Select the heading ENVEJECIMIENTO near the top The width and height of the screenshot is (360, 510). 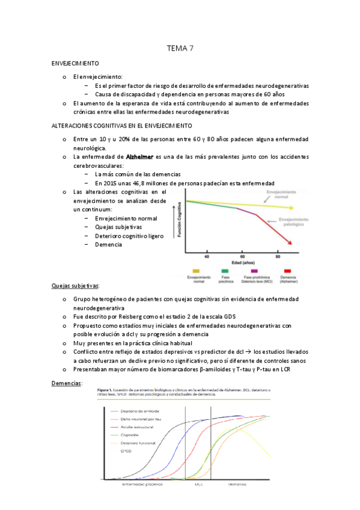coord(75,63)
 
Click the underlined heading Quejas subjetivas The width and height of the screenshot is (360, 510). coord(76,285)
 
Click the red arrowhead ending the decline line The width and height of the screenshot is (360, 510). coord(291,242)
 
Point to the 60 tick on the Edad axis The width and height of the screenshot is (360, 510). coord(242,256)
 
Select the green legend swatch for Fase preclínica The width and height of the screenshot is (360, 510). coord(224,271)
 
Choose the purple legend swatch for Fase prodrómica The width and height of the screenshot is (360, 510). coord(254,271)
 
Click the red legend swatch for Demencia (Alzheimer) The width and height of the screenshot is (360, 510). coord(287,271)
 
